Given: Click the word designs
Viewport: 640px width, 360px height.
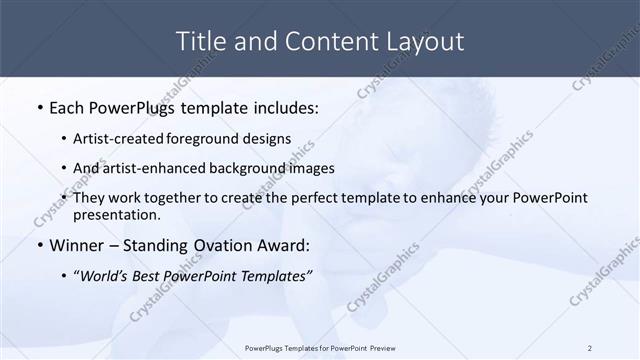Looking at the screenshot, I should click(267, 138).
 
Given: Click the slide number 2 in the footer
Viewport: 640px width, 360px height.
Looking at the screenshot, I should click(589, 348).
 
